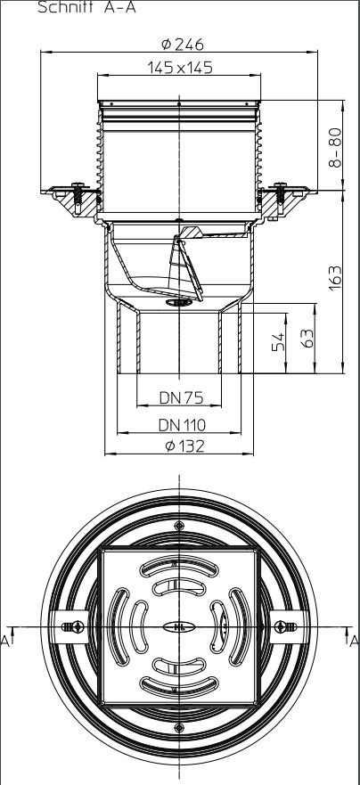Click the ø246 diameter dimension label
(x=183, y=45)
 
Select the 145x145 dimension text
(x=180, y=67)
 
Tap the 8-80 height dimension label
(x=335, y=147)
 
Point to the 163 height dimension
(x=335, y=277)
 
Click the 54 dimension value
(x=278, y=342)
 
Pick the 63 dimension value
(x=308, y=339)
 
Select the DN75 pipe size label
(x=181, y=397)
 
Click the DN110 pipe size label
(x=182, y=425)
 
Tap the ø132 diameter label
(x=184, y=446)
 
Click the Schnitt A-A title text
(x=86, y=7)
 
